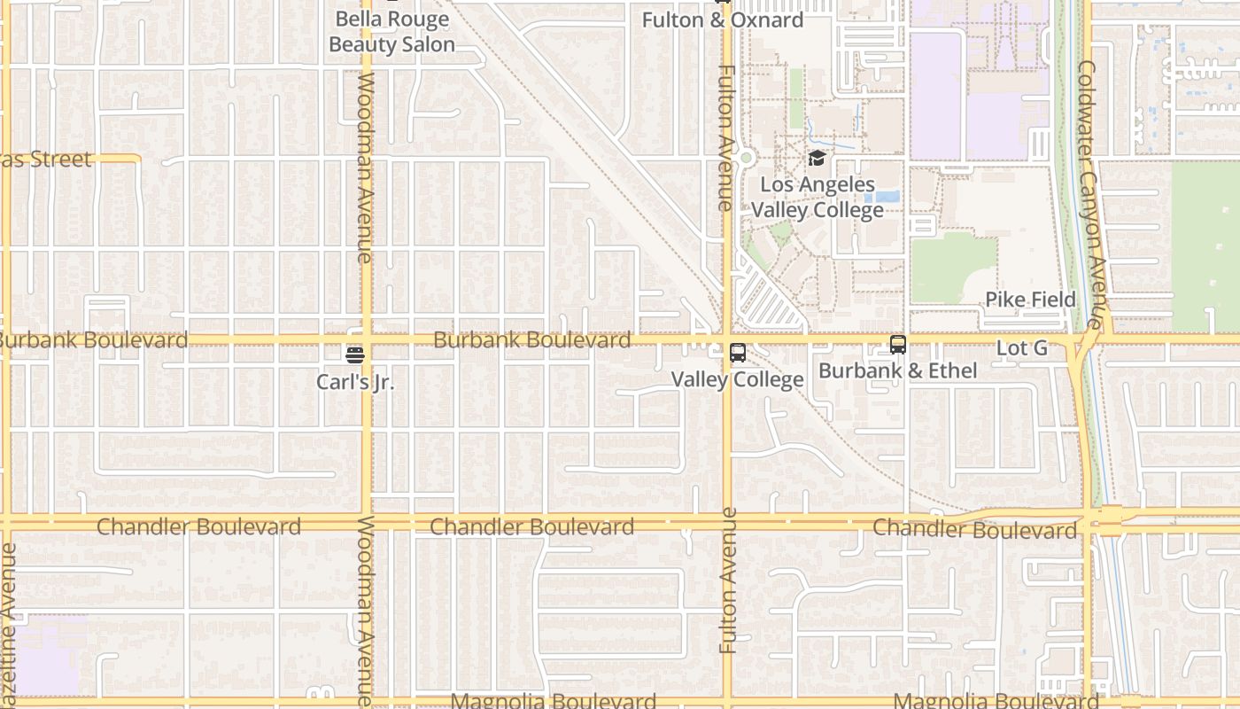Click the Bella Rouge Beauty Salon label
(391, 32)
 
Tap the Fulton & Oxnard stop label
(723, 20)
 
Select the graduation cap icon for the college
(817, 159)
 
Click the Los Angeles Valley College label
(818, 198)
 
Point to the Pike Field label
(1031, 300)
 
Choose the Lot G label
(1022, 348)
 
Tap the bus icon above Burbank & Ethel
(898, 345)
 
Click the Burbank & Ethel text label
(898, 370)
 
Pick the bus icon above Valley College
(737, 354)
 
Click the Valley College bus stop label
(737, 379)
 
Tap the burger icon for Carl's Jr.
(355, 355)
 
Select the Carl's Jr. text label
(355, 382)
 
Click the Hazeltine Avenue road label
(9, 612)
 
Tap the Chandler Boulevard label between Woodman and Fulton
(531, 526)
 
